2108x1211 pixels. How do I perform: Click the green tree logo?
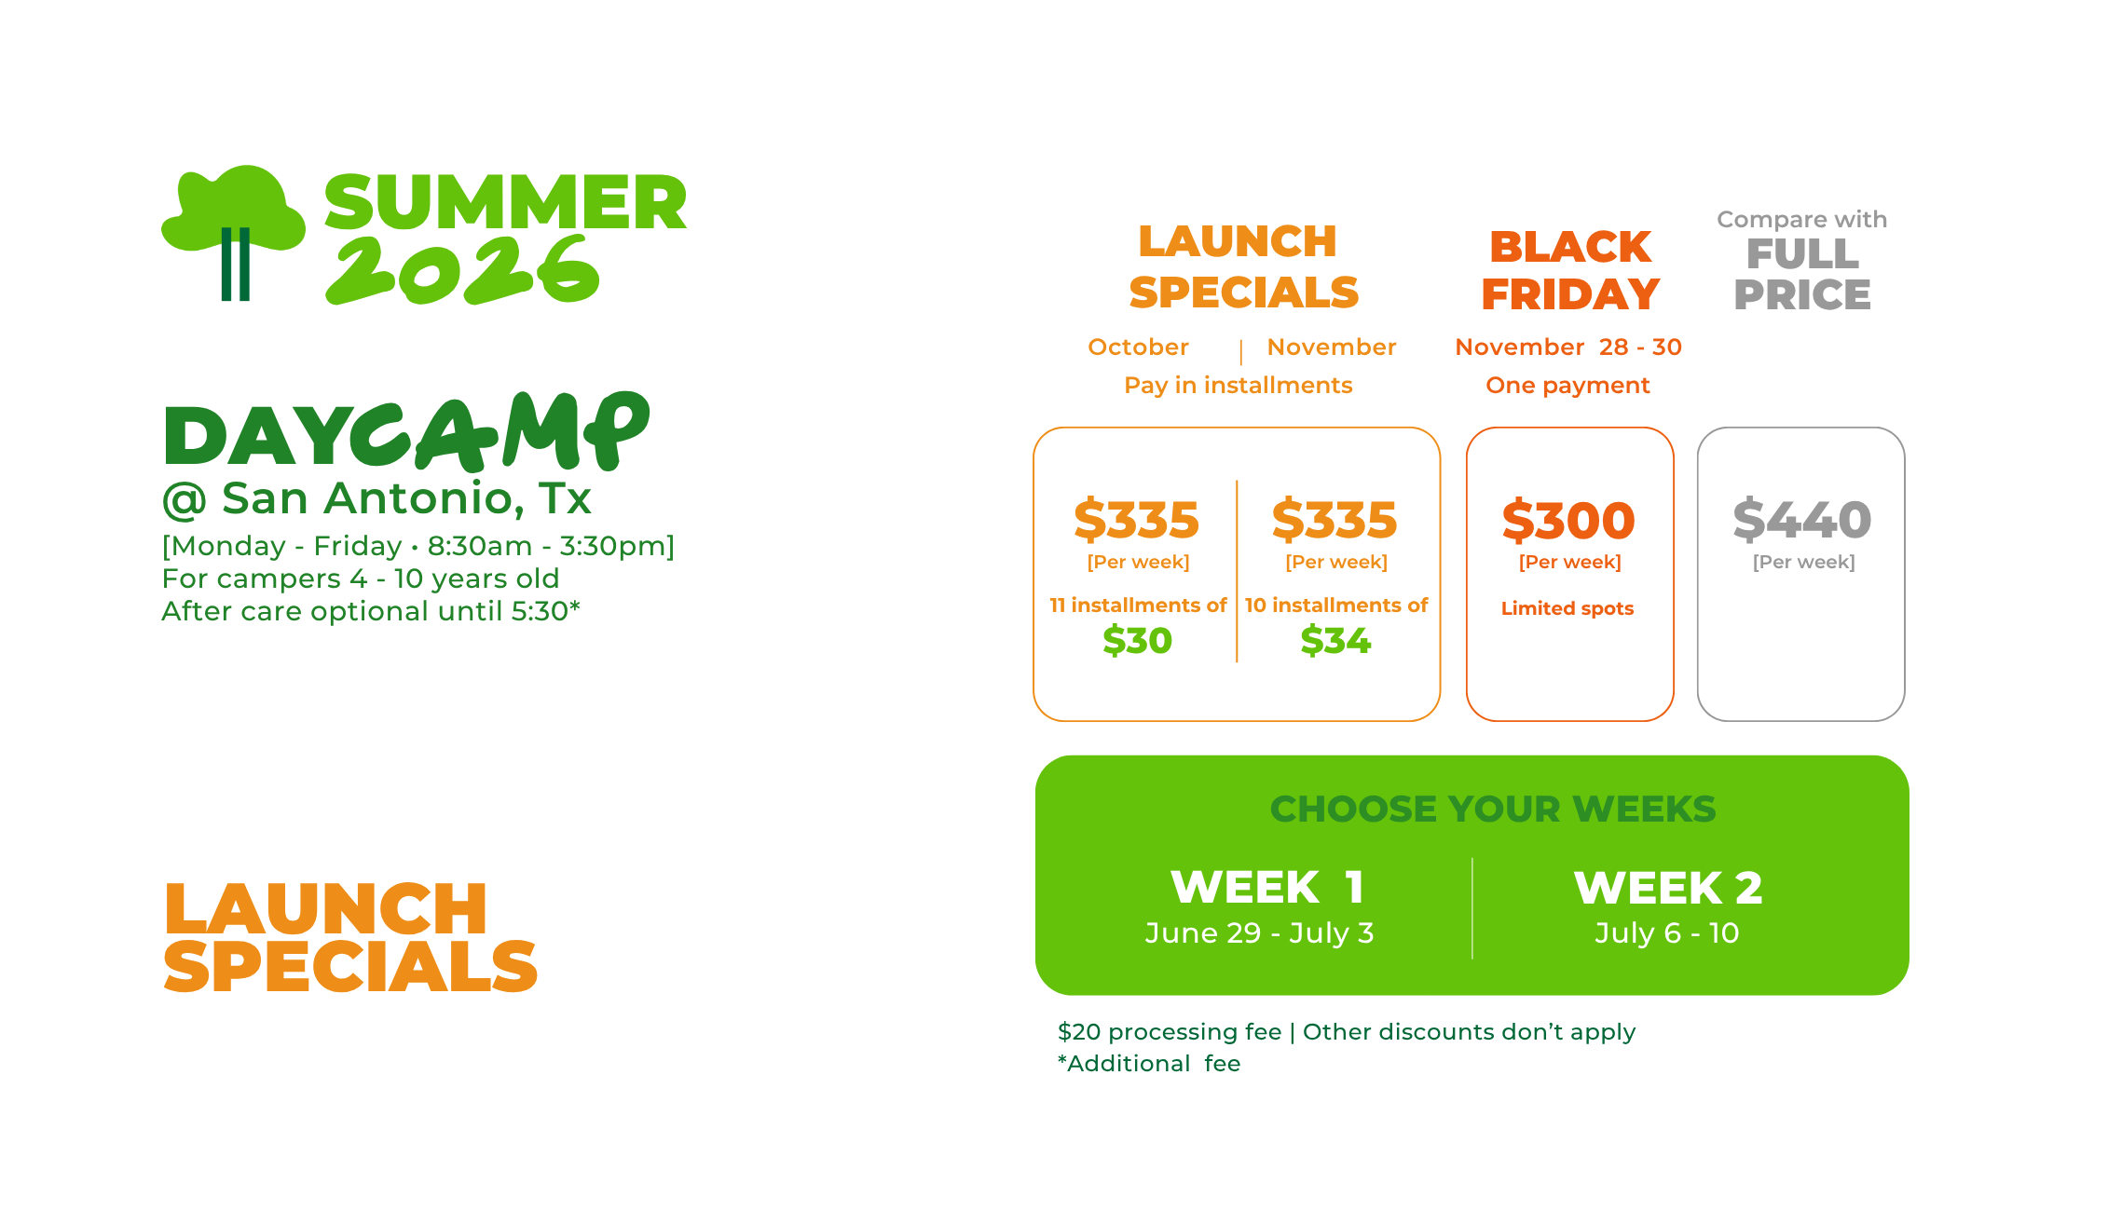[233, 232]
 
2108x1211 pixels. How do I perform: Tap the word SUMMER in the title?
[505, 202]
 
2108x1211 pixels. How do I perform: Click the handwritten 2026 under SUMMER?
[462, 269]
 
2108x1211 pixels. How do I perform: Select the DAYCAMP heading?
[405, 430]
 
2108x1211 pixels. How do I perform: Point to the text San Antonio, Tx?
[406, 498]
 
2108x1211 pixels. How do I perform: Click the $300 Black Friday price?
[1568, 520]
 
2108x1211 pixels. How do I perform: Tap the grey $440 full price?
[1801, 519]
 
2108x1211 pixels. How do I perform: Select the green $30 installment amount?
[1137, 641]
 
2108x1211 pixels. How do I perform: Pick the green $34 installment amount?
[1335, 641]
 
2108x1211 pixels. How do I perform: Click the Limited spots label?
[1567, 608]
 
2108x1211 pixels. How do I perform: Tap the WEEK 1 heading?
[1267, 887]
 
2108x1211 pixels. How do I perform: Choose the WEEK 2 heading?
[1668, 888]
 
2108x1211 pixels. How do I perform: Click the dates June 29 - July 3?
[1259, 932]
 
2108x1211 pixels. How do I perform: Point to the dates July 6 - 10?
[1667, 932]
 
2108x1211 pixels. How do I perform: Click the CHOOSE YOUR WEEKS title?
[1493, 809]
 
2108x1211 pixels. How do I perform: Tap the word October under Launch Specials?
[1138, 347]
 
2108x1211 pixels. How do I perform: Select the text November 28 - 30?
[1568, 347]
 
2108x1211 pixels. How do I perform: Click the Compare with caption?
[1801, 220]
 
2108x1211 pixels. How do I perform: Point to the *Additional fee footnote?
[1149, 1064]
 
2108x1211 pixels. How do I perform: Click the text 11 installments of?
[1138, 605]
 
